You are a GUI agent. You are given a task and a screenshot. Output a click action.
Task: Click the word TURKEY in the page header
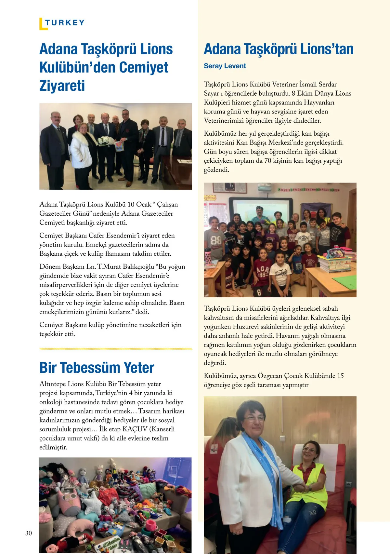65,22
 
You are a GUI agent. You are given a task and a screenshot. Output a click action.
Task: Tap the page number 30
29,533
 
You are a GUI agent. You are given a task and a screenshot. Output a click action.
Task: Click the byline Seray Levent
225,66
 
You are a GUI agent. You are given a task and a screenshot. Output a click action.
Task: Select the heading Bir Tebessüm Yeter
97,368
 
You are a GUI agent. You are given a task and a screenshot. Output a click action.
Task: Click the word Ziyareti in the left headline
62,86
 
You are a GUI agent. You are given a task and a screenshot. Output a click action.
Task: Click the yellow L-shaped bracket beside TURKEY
42,24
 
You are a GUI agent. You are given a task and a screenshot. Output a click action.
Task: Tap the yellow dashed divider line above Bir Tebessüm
115,349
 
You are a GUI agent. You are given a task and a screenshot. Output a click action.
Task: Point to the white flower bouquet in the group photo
105,141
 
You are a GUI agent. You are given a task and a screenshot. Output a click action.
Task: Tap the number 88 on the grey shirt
215,240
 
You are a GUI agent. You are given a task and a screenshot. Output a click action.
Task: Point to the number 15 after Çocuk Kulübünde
340,376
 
